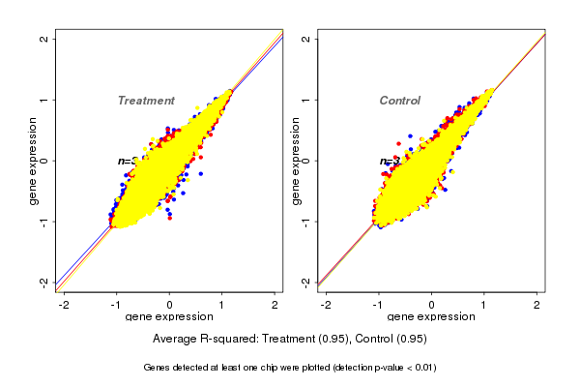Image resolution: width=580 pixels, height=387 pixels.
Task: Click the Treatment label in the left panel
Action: click(x=146, y=101)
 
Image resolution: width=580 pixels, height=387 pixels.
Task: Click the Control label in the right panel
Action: click(x=399, y=101)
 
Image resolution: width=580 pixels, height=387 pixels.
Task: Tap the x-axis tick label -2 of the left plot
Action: click(x=63, y=305)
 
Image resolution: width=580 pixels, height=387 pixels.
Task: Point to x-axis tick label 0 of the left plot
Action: click(x=170, y=305)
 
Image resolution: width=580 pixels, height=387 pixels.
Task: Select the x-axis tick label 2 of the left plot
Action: click(x=275, y=305)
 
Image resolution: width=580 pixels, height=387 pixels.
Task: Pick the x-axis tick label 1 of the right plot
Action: click(x=484, y=305)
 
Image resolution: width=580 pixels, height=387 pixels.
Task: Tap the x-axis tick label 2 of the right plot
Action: click(x=537, y=305)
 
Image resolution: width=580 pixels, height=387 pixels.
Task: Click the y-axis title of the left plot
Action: click(x=34, y=161)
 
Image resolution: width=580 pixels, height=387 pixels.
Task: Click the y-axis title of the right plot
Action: click(x=296, y=161)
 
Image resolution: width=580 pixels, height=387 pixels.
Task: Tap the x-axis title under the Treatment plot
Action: click(x=169, y=317)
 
